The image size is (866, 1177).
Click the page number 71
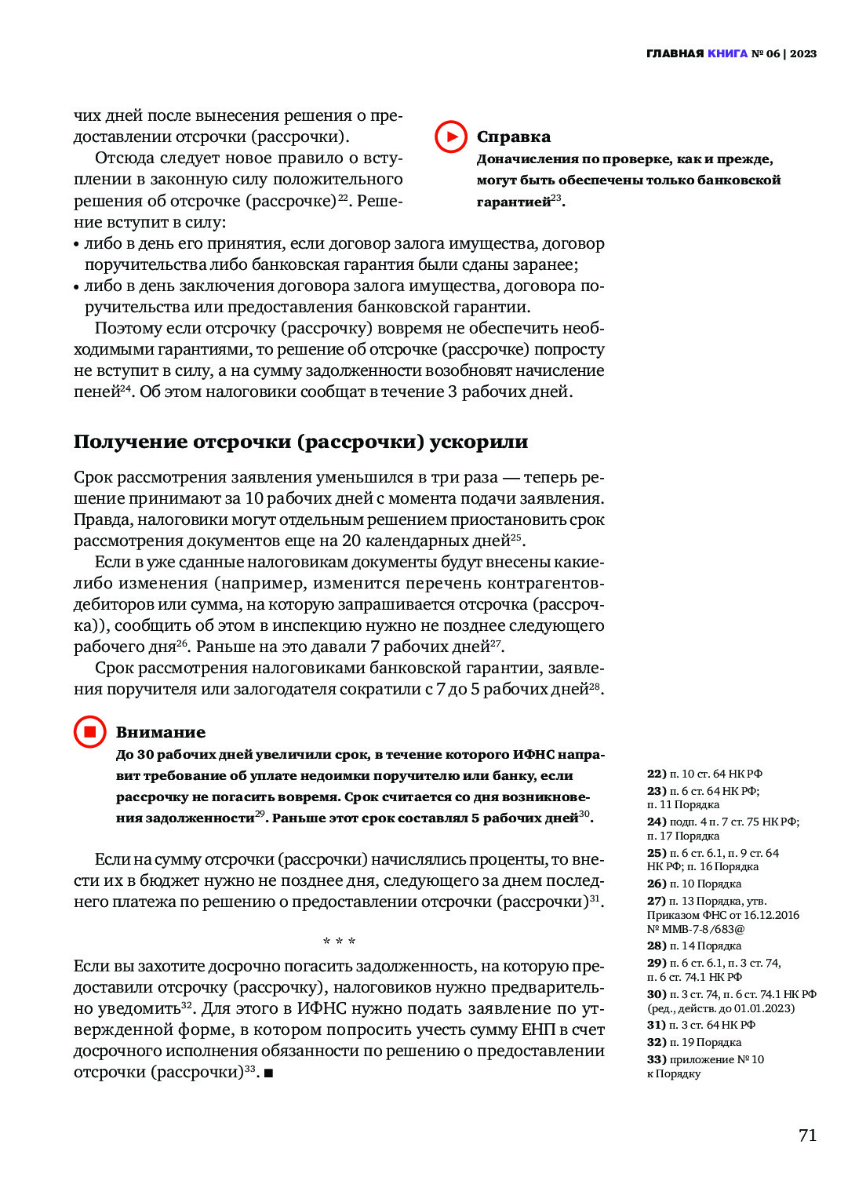[807, 1135]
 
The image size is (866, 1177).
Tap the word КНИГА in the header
[727, 53]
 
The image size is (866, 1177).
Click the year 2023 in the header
[803, 53]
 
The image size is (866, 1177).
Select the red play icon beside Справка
[450, 137]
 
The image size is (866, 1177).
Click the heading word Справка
[514, 137]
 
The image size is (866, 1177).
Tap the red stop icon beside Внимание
[89, 731]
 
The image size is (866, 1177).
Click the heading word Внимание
[161, 732]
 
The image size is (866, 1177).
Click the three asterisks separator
[339, 941]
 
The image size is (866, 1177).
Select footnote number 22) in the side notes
[656, 774]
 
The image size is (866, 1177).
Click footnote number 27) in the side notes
[656, 901]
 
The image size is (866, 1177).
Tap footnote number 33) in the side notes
[656, 1059]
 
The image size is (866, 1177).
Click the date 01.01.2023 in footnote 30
[762, 1008]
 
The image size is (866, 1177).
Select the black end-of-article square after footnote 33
[268, 1073]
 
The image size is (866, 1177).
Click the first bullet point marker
[77, 245]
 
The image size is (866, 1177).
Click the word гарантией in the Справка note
[514, 202]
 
